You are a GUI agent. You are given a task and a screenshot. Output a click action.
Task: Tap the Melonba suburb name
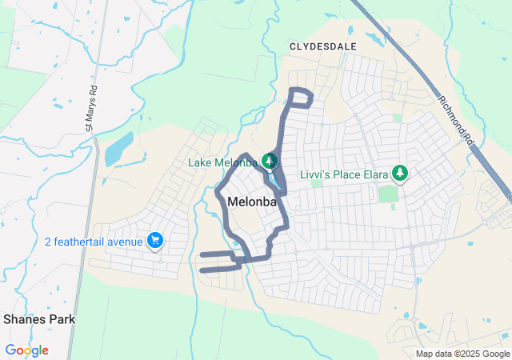(x=252, y=202)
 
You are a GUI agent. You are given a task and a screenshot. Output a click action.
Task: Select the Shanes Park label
(x=39, y=318)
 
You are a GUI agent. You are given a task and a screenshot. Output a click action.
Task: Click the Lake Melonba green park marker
(x=270, y=162)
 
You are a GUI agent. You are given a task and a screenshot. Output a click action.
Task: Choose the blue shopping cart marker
(x=155, y=241)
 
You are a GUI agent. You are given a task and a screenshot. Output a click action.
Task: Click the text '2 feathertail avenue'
(x=94, y=241)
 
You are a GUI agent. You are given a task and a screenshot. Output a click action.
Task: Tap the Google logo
(x=26, y=350)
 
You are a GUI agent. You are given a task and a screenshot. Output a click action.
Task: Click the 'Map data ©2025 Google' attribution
(x=462, y=354)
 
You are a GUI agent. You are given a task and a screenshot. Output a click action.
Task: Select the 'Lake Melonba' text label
(x=222, y=162)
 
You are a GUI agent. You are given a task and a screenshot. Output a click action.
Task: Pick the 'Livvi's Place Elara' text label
(x=344, y=174)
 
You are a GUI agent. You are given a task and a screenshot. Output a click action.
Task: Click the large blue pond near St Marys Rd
(x=118, y=148)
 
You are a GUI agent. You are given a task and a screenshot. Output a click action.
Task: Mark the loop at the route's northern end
(x=301, y=97)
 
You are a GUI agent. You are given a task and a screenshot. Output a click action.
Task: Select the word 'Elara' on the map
(x=368, y=174)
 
